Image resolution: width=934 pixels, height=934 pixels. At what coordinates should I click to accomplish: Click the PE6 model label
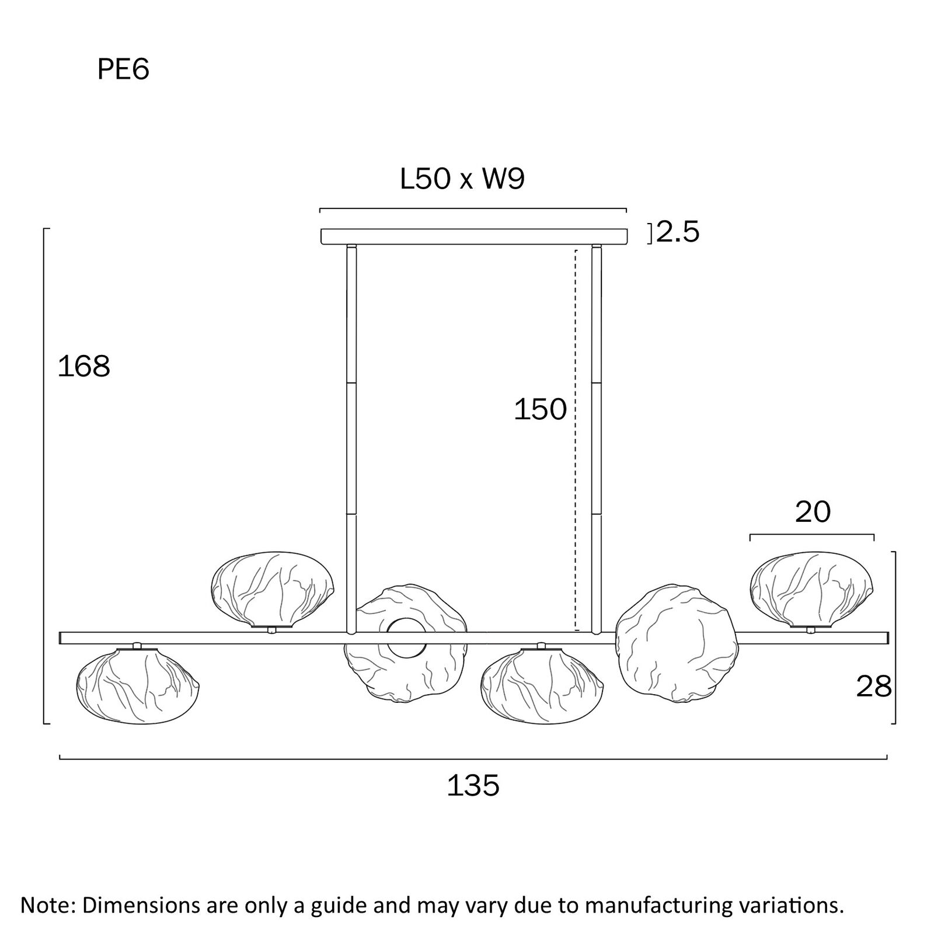[x=123, y=70]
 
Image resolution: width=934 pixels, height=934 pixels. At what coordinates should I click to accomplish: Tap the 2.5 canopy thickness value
[x=678, y=232]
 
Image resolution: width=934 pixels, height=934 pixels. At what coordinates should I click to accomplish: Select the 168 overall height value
[x=84, y=367]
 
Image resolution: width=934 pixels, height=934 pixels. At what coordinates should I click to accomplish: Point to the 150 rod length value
[x=540, y=409]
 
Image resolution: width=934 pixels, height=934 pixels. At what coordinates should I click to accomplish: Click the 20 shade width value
[x=813, y=512]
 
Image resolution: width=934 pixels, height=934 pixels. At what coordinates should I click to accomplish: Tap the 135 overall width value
[x=473, y=786]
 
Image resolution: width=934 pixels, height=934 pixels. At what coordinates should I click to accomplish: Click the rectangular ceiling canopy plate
[x=474, y=236]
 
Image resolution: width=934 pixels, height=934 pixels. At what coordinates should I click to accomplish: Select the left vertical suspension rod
[x=351, y=438]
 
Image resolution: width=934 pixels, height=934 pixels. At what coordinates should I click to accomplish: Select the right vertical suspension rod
[x=596, y=438]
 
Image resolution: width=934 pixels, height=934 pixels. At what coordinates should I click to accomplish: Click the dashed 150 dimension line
[x=576, y=496]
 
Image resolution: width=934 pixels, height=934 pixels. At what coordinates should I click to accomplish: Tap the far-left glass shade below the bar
[x=138, y=683]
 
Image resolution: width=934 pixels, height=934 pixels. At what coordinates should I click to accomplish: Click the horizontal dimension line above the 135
[x=473, y=759]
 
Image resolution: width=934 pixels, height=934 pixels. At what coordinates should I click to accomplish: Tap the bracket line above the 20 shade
[x=811, y=535]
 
